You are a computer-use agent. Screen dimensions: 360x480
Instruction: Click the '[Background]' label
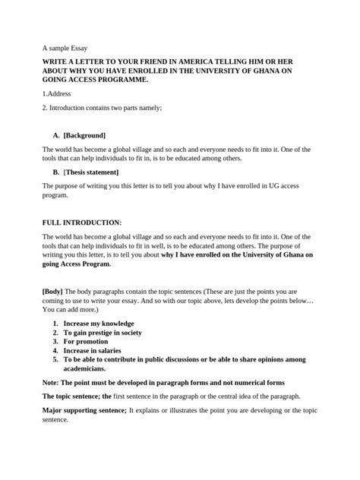pyautogui.click(x=84, y=135)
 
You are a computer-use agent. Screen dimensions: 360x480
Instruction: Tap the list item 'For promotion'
pyautogui.click(x=87, y=341)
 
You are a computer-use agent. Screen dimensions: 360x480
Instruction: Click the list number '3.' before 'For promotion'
pyautogui.click(x=55, y=341)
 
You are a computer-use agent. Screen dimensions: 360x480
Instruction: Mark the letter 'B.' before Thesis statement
pyautogui.click(x=55, y=171)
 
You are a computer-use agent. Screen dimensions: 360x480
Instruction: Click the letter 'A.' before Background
pyautogui.click(x=55, y=135)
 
